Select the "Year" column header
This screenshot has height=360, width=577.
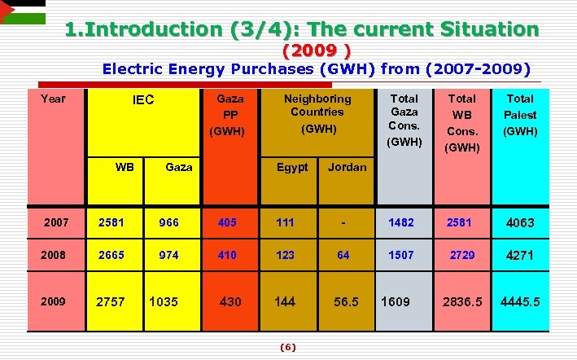coord(53,99)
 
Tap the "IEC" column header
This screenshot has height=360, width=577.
coord(143,101)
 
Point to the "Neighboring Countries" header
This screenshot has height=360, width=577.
coord(317,105)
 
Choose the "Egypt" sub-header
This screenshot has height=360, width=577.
coord(292,167)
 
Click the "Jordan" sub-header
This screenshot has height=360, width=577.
coord(347,167)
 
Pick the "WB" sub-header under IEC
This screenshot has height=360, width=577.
coord(125,167)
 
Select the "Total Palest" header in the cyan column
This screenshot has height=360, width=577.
coord(520,114)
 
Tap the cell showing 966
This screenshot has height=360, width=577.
coord(169,222)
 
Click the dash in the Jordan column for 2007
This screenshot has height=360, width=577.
coord(345,222)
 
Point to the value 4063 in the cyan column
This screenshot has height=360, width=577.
coord(521,222)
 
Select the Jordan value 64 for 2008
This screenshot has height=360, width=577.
coord(343,255)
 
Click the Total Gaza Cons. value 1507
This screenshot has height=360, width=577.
coord(400,255)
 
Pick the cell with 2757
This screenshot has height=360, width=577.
coord(111,302)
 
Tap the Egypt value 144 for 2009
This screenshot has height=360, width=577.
coord(285,301)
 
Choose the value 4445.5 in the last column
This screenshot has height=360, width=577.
coord(521,302)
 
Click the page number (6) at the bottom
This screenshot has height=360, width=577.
coord(287,347)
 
